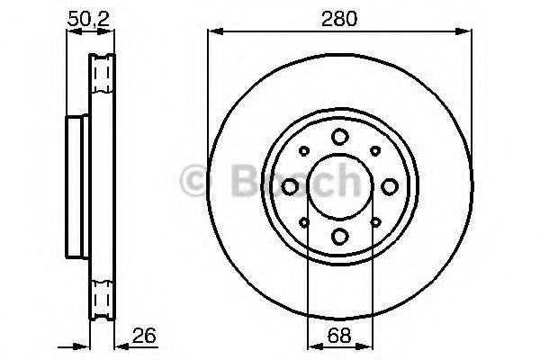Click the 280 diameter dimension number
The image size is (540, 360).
[339, 17]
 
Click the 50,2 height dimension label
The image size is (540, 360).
[90, 17]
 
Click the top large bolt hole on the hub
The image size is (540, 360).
[339, 137]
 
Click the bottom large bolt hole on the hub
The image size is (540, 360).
[339, 236]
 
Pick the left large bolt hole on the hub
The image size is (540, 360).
[290, 186]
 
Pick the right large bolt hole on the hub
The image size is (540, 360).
[389, 186]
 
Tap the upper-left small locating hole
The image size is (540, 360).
[304, 151]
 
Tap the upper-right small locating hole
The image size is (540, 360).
[374, 151]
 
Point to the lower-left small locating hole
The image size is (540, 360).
[304, 221]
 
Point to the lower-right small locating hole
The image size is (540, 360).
[374, 221]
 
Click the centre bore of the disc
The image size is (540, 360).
[339, 186]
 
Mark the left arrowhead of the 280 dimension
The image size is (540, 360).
[212, 32]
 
